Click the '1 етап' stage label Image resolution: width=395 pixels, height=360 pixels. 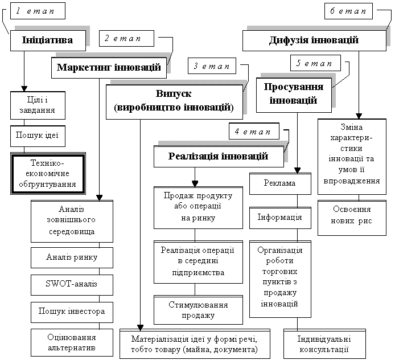click(38, 11)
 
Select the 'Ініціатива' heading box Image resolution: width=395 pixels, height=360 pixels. click(48, 40)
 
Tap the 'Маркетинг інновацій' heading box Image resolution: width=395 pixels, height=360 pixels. click(109, 68)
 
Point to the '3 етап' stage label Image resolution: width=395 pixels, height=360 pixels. click(212, 66)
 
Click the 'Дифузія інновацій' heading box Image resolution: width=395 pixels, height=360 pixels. click(314, 40)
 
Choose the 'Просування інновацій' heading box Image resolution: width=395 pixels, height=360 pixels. click(294, 95)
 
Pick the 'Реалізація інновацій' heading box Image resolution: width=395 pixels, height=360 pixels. click(219, 157)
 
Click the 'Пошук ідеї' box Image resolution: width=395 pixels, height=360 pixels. click(38, 136)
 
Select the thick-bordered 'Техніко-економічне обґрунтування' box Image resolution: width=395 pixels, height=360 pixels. click(48, 174)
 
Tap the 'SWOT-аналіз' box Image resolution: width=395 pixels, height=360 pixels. click(72, 285)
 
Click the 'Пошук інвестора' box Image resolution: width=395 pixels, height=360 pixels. click(72, 312)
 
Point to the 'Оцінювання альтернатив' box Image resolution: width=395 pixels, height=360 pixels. click(72, 342)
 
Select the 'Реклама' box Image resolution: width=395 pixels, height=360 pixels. click(280, 184)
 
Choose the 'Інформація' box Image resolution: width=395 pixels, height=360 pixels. click(280, 218)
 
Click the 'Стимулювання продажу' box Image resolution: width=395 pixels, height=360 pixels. click(198, 310)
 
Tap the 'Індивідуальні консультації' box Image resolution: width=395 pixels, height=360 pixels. click(324, 344)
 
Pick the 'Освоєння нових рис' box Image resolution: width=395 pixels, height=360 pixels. click(352, 218)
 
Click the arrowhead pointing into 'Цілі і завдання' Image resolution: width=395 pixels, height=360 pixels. click(24, 89)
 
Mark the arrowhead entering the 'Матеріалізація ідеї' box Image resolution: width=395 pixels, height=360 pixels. click(141, 328)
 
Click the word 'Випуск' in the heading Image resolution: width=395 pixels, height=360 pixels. click(174, 93)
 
